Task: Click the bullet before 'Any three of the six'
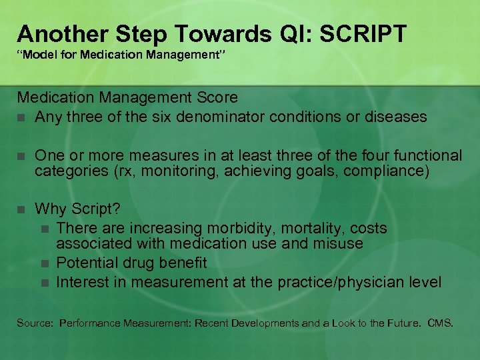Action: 23,117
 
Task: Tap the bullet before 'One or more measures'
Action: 23,156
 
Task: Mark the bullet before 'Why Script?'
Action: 23,209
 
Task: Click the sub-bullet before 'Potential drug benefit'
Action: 45,264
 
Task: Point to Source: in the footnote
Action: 35,323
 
